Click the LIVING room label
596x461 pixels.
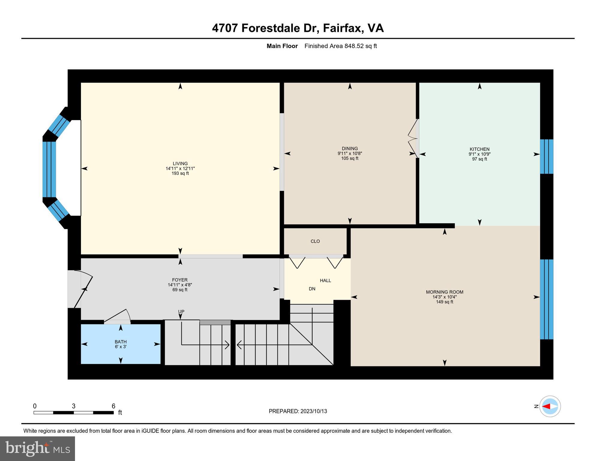coord(180,164)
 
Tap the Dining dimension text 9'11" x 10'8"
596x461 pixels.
coord(349,153)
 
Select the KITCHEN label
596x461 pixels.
coord(479,149)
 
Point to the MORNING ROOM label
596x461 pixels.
coord(444,292)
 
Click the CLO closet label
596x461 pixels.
coord(315,241)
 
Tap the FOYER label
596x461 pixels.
coord(180,280)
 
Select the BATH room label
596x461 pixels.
coord(121,342)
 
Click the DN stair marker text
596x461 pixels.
coord(312,289)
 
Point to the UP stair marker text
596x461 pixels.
coord(181,312)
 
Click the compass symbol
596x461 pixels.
coord(550,406)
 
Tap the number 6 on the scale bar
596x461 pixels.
coord(113,406)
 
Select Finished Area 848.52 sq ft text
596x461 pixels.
coord(340,46)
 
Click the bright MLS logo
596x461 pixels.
coord(37,448)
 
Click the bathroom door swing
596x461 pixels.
coord(118,317)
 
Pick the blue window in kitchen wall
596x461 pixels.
coord(546,156)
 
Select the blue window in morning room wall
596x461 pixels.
coord(546,299)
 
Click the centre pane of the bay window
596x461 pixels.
coord(49,169)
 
